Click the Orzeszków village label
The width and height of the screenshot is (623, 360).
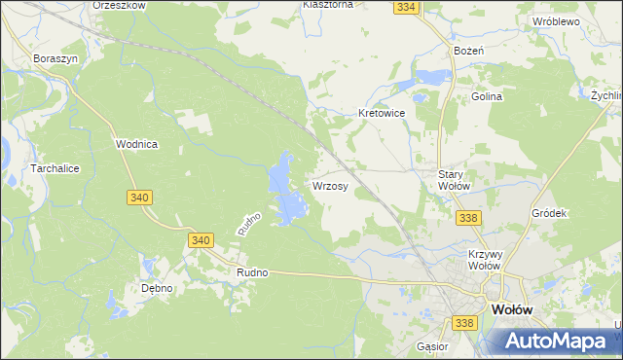[x=119, y=5]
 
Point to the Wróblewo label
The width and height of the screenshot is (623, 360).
[x=556, y=20]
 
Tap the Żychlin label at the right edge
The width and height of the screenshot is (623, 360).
[x=606, y=96]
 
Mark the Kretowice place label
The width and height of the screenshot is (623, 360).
[x=381, y=113]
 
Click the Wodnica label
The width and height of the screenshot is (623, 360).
[x=136, y=144]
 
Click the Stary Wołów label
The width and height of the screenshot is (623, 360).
[x=455, y=180]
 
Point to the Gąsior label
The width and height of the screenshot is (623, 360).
[x=431, y=346]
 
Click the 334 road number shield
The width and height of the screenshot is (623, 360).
[x=407, y=7]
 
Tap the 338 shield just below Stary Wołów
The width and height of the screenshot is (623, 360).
[x=467, y=218]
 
